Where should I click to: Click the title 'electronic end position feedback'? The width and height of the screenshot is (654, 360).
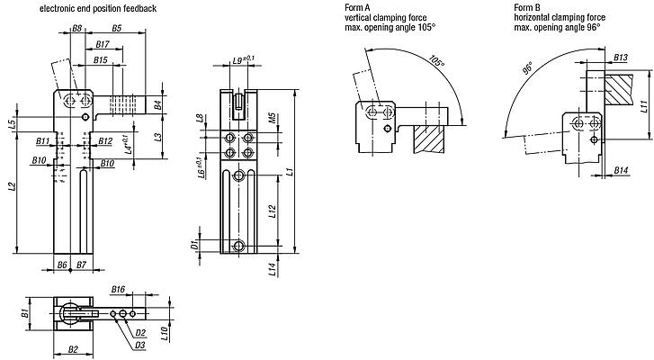coord(97,7)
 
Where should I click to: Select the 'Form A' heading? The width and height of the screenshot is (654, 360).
coord(357,7)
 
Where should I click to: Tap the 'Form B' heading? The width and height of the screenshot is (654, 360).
coord(526,7)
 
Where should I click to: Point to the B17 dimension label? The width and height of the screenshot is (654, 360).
coord(102,44)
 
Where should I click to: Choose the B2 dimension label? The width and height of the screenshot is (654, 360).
coord(74,349)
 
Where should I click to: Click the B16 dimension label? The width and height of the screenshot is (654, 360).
coord(118,290)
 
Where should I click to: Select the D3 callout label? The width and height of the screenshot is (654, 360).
coord(140,344)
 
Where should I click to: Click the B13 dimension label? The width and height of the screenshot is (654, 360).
coord(621,58)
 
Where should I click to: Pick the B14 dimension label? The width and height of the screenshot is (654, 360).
coord(621,170)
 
